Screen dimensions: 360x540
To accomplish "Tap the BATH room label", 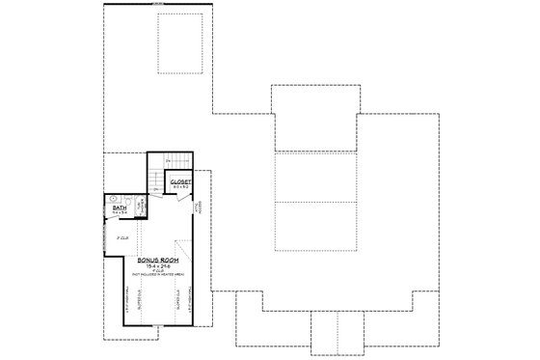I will [120, 207].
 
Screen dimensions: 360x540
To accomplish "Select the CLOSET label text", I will [181, 181].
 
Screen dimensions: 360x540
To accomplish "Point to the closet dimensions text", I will [181, 187].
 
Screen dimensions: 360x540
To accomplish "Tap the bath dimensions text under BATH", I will [120, 212].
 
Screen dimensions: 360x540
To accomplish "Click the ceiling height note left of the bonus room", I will [122, 236].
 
